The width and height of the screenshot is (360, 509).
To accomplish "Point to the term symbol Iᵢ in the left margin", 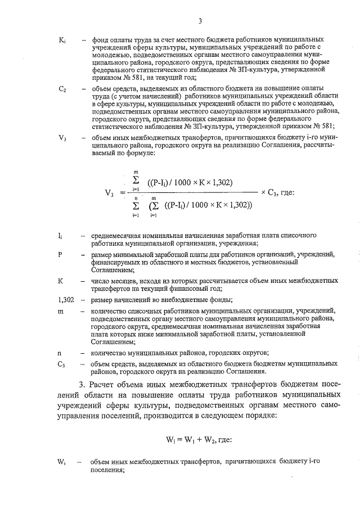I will tap(61, 236).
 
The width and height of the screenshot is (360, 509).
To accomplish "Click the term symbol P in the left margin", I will tap(60, 255).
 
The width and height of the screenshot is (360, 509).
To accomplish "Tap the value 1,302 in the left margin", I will tap(66, 299).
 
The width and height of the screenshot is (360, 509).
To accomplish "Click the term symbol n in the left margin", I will tap(60, 353).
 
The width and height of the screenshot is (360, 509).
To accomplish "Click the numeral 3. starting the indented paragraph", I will tap(83, 385).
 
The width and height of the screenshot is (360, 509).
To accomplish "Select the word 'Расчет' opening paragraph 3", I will tap(105, 385).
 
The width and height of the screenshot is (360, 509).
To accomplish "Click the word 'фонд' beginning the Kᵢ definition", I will tap(100, 42).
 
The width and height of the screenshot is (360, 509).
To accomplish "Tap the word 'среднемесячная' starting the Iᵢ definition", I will tap(118, 236).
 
